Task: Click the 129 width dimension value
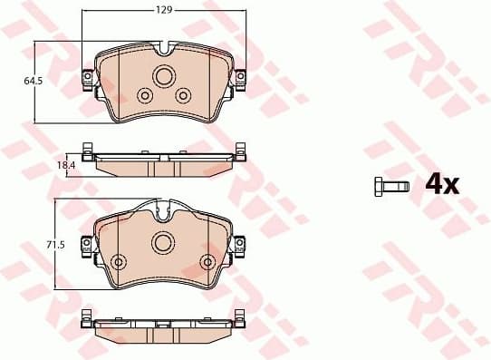(164, 9)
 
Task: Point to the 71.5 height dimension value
(54, 245)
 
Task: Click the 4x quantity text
(443, 185)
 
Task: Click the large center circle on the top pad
(164, 76)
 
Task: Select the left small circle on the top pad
(143, 95)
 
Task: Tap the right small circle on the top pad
(184, 95)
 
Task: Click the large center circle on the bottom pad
(164, 242)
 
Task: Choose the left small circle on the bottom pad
(118, 262)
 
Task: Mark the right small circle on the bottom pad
(209, 262)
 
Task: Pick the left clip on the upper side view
(87, 150)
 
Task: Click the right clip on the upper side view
(240, 150)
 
